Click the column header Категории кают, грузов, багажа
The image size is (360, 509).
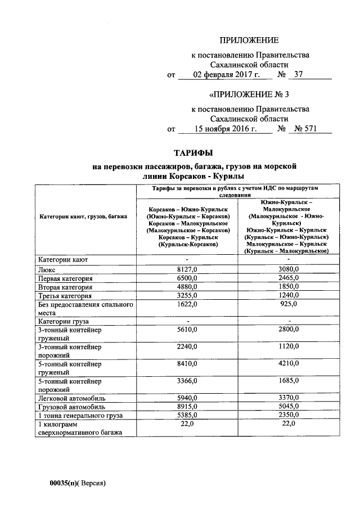83,216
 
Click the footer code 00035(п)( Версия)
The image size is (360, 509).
77,483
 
